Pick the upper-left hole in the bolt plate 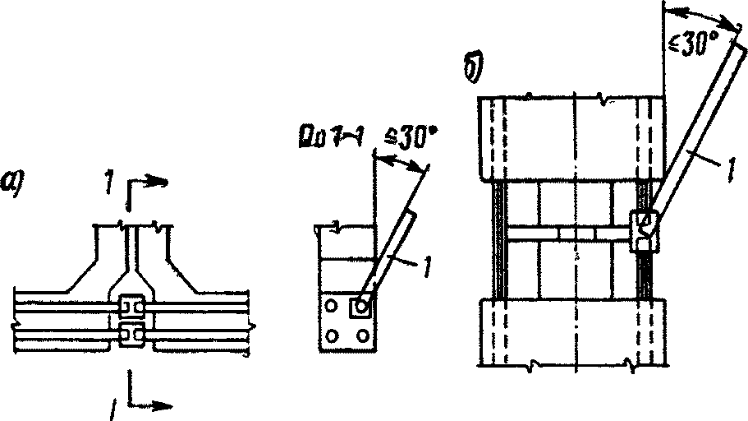pyautogui.click(x=331, y=307)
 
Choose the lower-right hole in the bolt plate pyautogui.click(x=360, y=335)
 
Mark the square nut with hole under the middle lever pyautogui.click(x=360, y=307)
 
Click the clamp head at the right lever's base pyautogui.click(x=644, y=227)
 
